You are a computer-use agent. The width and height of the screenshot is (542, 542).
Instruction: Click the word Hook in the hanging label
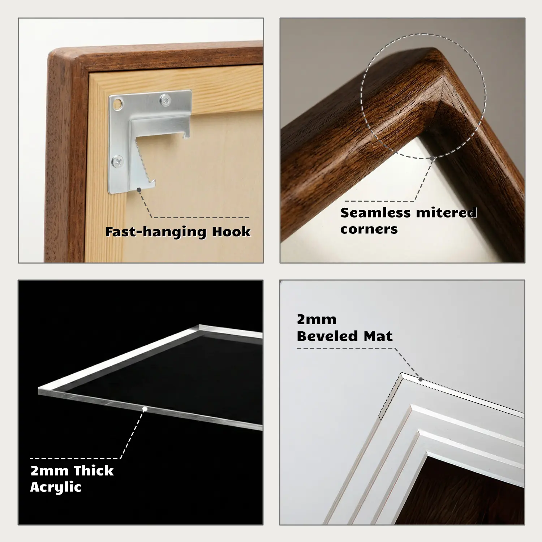(x=231, y=232)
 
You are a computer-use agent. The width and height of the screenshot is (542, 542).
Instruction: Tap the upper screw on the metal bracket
(x=165, y=100)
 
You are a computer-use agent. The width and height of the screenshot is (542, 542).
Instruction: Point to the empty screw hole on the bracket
(x=116, y=105)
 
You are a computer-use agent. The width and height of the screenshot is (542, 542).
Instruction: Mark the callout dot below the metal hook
(x=139, y=189)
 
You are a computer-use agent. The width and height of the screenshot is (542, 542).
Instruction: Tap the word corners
(x=369, y=229)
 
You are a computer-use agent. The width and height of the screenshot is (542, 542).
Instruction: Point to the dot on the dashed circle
(x=432, y=158)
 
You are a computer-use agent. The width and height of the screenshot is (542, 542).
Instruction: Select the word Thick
(x=93, y=471)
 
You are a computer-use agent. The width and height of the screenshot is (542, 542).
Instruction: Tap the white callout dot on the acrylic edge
(x=145, y=409)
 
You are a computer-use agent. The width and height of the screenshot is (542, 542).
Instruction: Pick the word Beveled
(x=328, y=336)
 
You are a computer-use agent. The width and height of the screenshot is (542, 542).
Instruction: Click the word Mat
(x=378, y=336)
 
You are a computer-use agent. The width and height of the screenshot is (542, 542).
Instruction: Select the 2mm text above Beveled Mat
(x=317, y=320)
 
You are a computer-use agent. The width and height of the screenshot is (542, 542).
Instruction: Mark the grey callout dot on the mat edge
(x=421, y=379)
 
